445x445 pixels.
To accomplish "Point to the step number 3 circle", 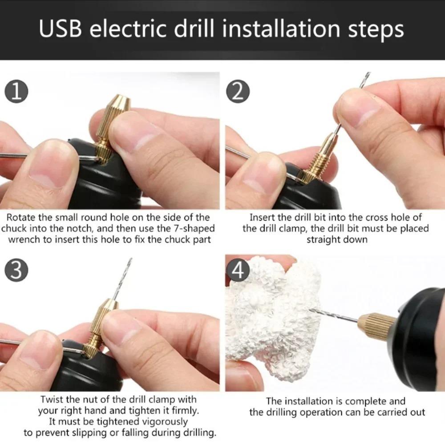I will (x=16, y=271).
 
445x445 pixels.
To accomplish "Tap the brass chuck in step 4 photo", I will (x=376, y=322).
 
